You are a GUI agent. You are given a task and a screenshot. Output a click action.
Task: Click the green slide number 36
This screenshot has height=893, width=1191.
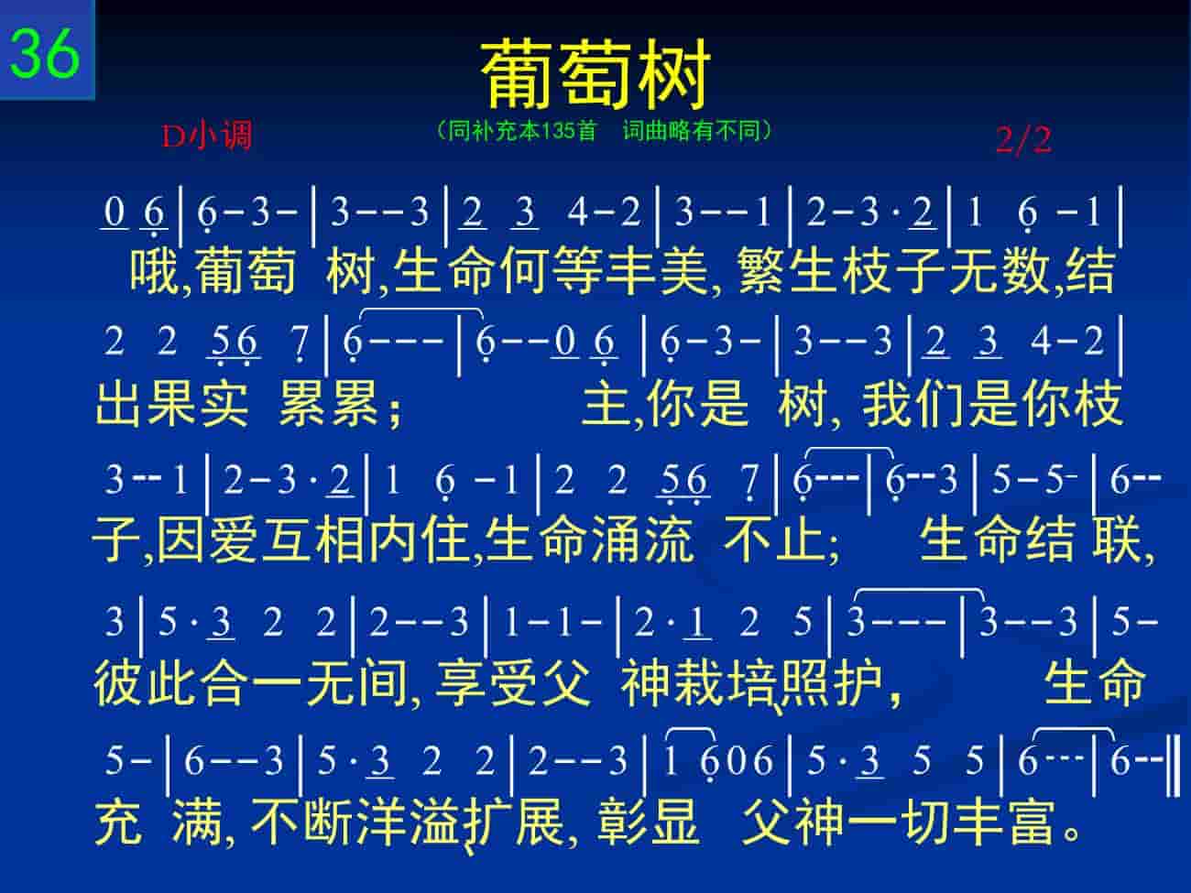pos(45,52)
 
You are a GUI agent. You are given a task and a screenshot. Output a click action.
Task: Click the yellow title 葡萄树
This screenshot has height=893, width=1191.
pos(595,73)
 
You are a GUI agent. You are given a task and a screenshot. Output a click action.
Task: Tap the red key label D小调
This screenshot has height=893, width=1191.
pos(207,135)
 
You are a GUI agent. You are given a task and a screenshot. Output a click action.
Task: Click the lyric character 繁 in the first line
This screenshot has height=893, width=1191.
pos(762,271)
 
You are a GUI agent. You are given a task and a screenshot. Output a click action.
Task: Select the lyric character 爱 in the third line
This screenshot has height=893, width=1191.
pos(234,539)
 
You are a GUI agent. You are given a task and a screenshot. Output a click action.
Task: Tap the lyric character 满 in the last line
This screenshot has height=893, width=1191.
pos(198,822)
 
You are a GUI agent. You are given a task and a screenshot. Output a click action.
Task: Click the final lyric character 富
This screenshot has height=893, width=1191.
pos(1033,822)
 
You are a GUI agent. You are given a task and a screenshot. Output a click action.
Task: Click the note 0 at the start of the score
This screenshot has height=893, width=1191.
pos(114,212)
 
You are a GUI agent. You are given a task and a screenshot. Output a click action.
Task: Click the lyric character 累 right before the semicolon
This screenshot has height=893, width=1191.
pos(355,404)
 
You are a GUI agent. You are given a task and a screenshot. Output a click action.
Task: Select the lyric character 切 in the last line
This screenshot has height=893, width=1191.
pos(927,822)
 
